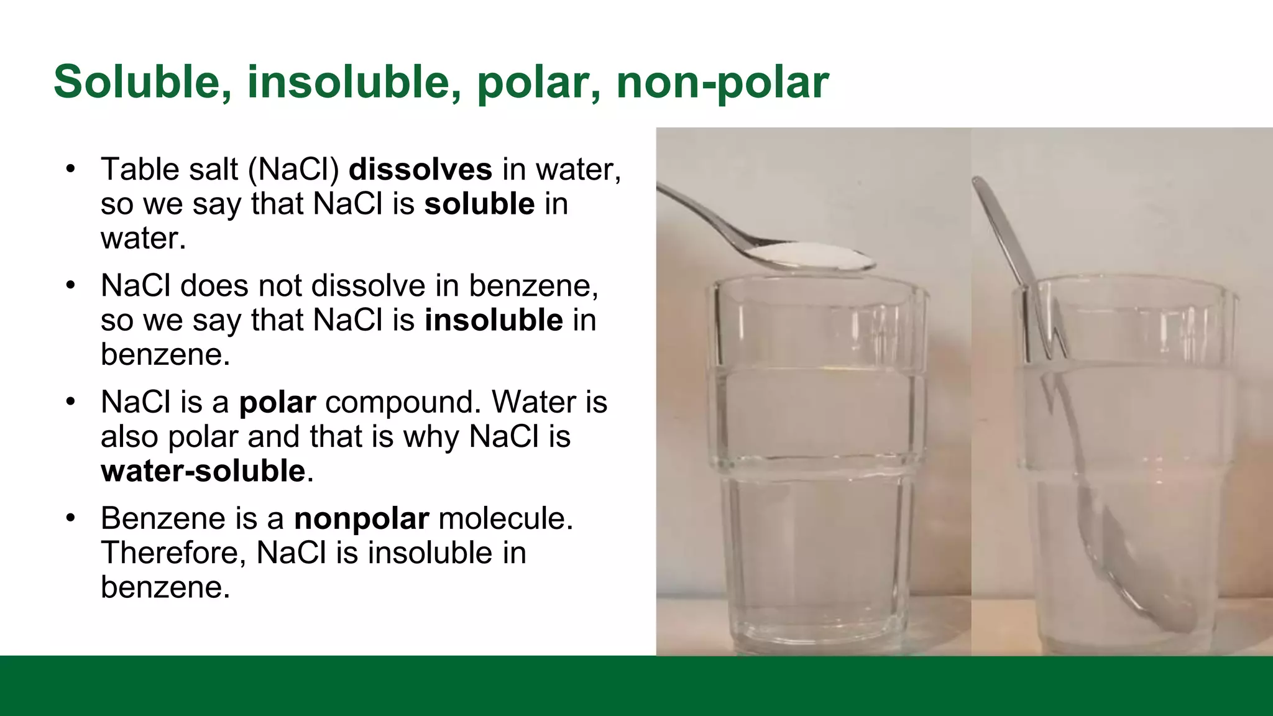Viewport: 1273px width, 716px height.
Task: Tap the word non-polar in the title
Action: pos(722,81)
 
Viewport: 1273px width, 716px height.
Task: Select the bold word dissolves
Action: pos(420,169)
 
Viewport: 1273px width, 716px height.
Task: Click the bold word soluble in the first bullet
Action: pos(479,204)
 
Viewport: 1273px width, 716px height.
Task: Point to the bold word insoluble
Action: pos(494,320)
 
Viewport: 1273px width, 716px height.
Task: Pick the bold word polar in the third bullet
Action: pos(277,402)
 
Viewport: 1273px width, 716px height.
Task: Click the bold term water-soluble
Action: pos(203,471)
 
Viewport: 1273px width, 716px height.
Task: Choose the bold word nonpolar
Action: pos(361,518)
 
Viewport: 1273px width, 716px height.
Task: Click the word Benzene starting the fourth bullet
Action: pos(163,518)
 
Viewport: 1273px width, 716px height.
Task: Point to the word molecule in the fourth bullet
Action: pos(505,518)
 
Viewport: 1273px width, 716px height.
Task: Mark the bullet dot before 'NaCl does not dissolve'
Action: pos(71,286)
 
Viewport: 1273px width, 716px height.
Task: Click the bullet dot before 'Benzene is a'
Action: pos(71,518)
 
